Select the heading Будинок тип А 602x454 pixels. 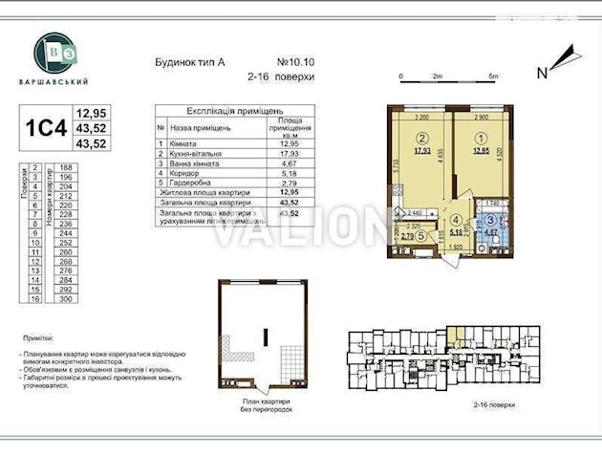(x=189, y=61)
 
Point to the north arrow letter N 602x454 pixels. (x=542, y=72)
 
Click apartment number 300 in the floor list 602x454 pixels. (x=65, y=299)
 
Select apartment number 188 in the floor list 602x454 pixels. (x=65, y=167)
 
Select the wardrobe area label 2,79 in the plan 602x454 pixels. (x=407, y=236)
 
